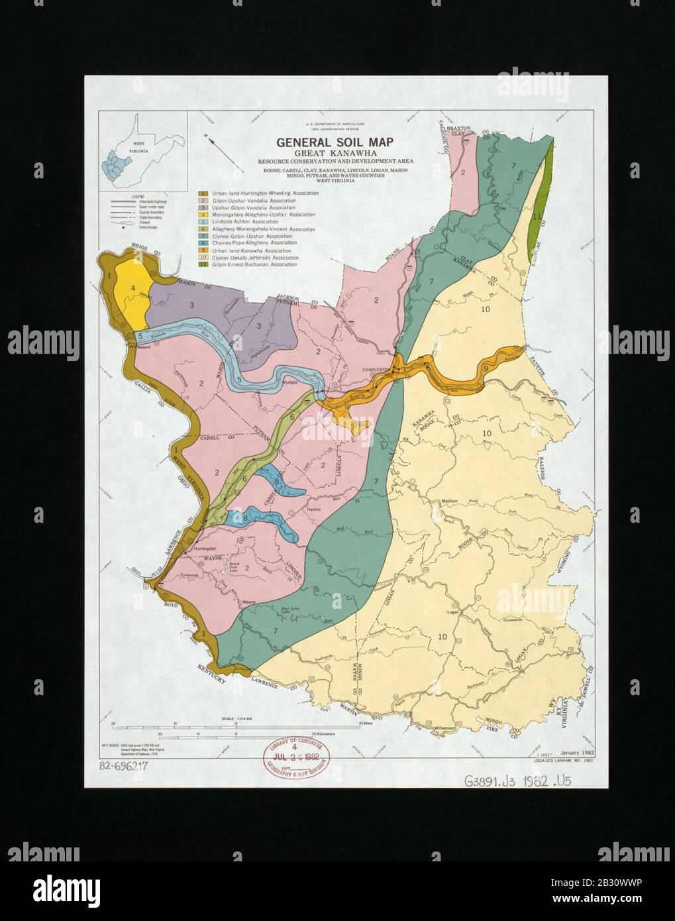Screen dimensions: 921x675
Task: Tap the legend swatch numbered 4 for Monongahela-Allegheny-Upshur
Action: coord(205,215)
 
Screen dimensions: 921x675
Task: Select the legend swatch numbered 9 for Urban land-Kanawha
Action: coord(205,250)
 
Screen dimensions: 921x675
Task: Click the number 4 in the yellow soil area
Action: coord(133,288)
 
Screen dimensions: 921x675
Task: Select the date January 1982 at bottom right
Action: coord(578,753)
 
